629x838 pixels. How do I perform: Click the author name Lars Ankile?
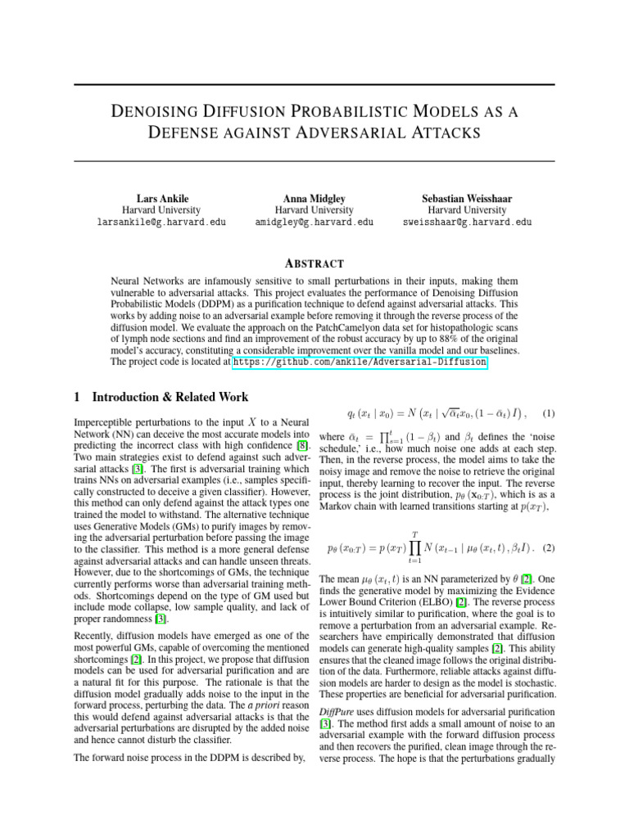162,198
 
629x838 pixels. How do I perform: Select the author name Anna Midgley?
315,198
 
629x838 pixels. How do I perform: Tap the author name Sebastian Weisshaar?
467,198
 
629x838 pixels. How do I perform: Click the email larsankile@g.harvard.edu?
162,222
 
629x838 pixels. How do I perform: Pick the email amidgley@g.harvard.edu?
315,222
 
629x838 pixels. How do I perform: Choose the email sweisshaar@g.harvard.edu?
467,222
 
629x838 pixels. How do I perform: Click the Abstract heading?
314,264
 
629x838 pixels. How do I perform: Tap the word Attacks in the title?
437,132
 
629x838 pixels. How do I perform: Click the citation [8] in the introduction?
302,445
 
